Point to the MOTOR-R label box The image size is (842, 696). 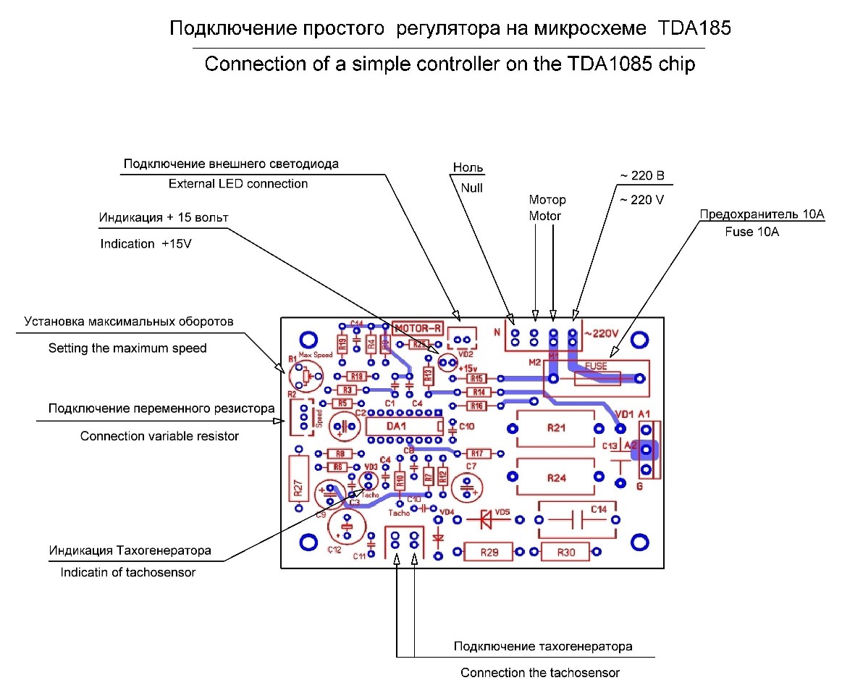[418, 328]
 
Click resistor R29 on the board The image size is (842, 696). [489, 553]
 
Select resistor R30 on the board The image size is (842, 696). [565, 553]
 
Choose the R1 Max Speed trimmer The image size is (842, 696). [302, 376]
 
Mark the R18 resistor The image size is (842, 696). [355, 377]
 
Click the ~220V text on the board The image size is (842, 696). [601, 334]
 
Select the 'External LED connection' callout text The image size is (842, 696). [238, 184]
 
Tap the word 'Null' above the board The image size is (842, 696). [471, 187]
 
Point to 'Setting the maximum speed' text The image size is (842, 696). [127, 348]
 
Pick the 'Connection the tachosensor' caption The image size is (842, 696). [540, 673]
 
